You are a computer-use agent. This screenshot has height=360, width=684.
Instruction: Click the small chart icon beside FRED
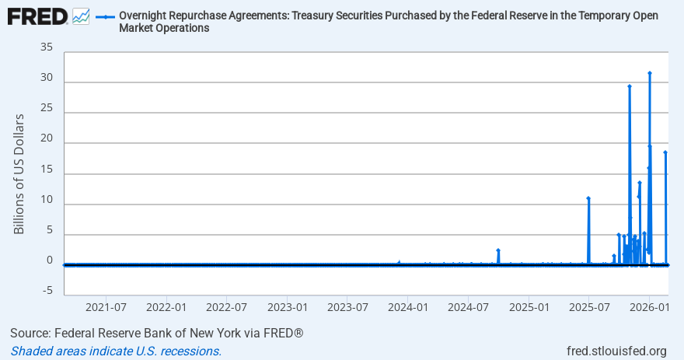pos(81,16)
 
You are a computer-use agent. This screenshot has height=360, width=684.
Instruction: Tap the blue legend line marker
pos(106,16)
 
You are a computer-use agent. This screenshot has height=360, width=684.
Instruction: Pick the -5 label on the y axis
pos(47,290)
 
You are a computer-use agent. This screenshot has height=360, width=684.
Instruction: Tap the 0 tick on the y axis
pos(49,260)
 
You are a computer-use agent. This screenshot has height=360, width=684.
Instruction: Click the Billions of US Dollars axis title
pos(19,173)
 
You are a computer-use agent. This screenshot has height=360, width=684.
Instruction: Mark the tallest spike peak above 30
pos(650,73)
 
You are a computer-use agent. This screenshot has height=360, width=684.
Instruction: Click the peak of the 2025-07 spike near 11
pos(588,198)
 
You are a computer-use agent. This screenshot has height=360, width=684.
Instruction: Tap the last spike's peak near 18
pos(665,152)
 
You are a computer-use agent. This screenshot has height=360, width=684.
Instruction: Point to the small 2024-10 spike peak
pos(498,250)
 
